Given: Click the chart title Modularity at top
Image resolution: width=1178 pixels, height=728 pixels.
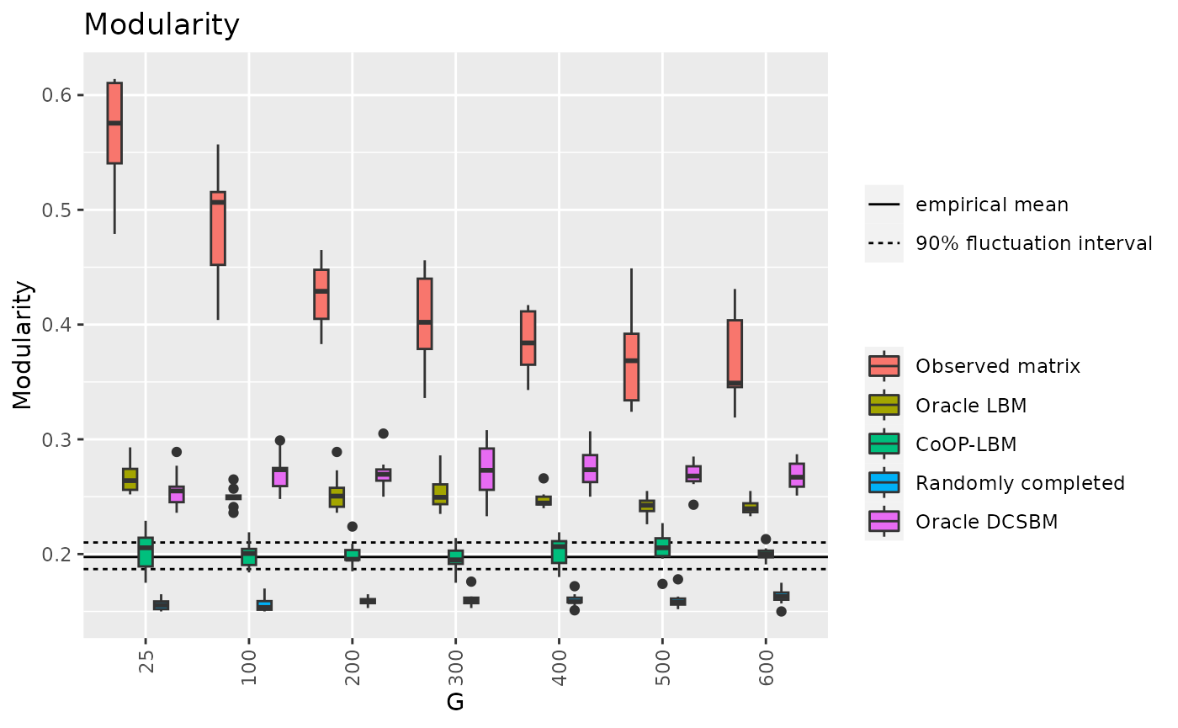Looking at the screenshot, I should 162,25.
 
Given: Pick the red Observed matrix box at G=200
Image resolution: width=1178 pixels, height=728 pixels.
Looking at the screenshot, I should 321,295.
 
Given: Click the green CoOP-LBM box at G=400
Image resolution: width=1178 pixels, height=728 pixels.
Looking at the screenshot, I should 559,552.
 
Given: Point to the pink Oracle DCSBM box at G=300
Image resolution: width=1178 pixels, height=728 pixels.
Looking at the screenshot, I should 486,469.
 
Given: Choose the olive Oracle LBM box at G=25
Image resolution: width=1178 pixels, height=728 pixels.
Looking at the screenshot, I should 130,479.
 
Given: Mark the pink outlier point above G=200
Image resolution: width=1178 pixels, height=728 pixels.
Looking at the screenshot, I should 383,433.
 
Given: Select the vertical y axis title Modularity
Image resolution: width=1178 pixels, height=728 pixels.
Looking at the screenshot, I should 24,345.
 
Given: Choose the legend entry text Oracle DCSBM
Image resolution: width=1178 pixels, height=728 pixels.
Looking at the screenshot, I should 986,522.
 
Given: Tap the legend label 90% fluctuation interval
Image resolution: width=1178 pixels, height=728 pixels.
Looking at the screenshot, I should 1033,244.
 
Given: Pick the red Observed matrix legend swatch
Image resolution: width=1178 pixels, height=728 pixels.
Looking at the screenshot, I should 883,366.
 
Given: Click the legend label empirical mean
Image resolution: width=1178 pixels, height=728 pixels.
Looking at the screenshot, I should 991,205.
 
